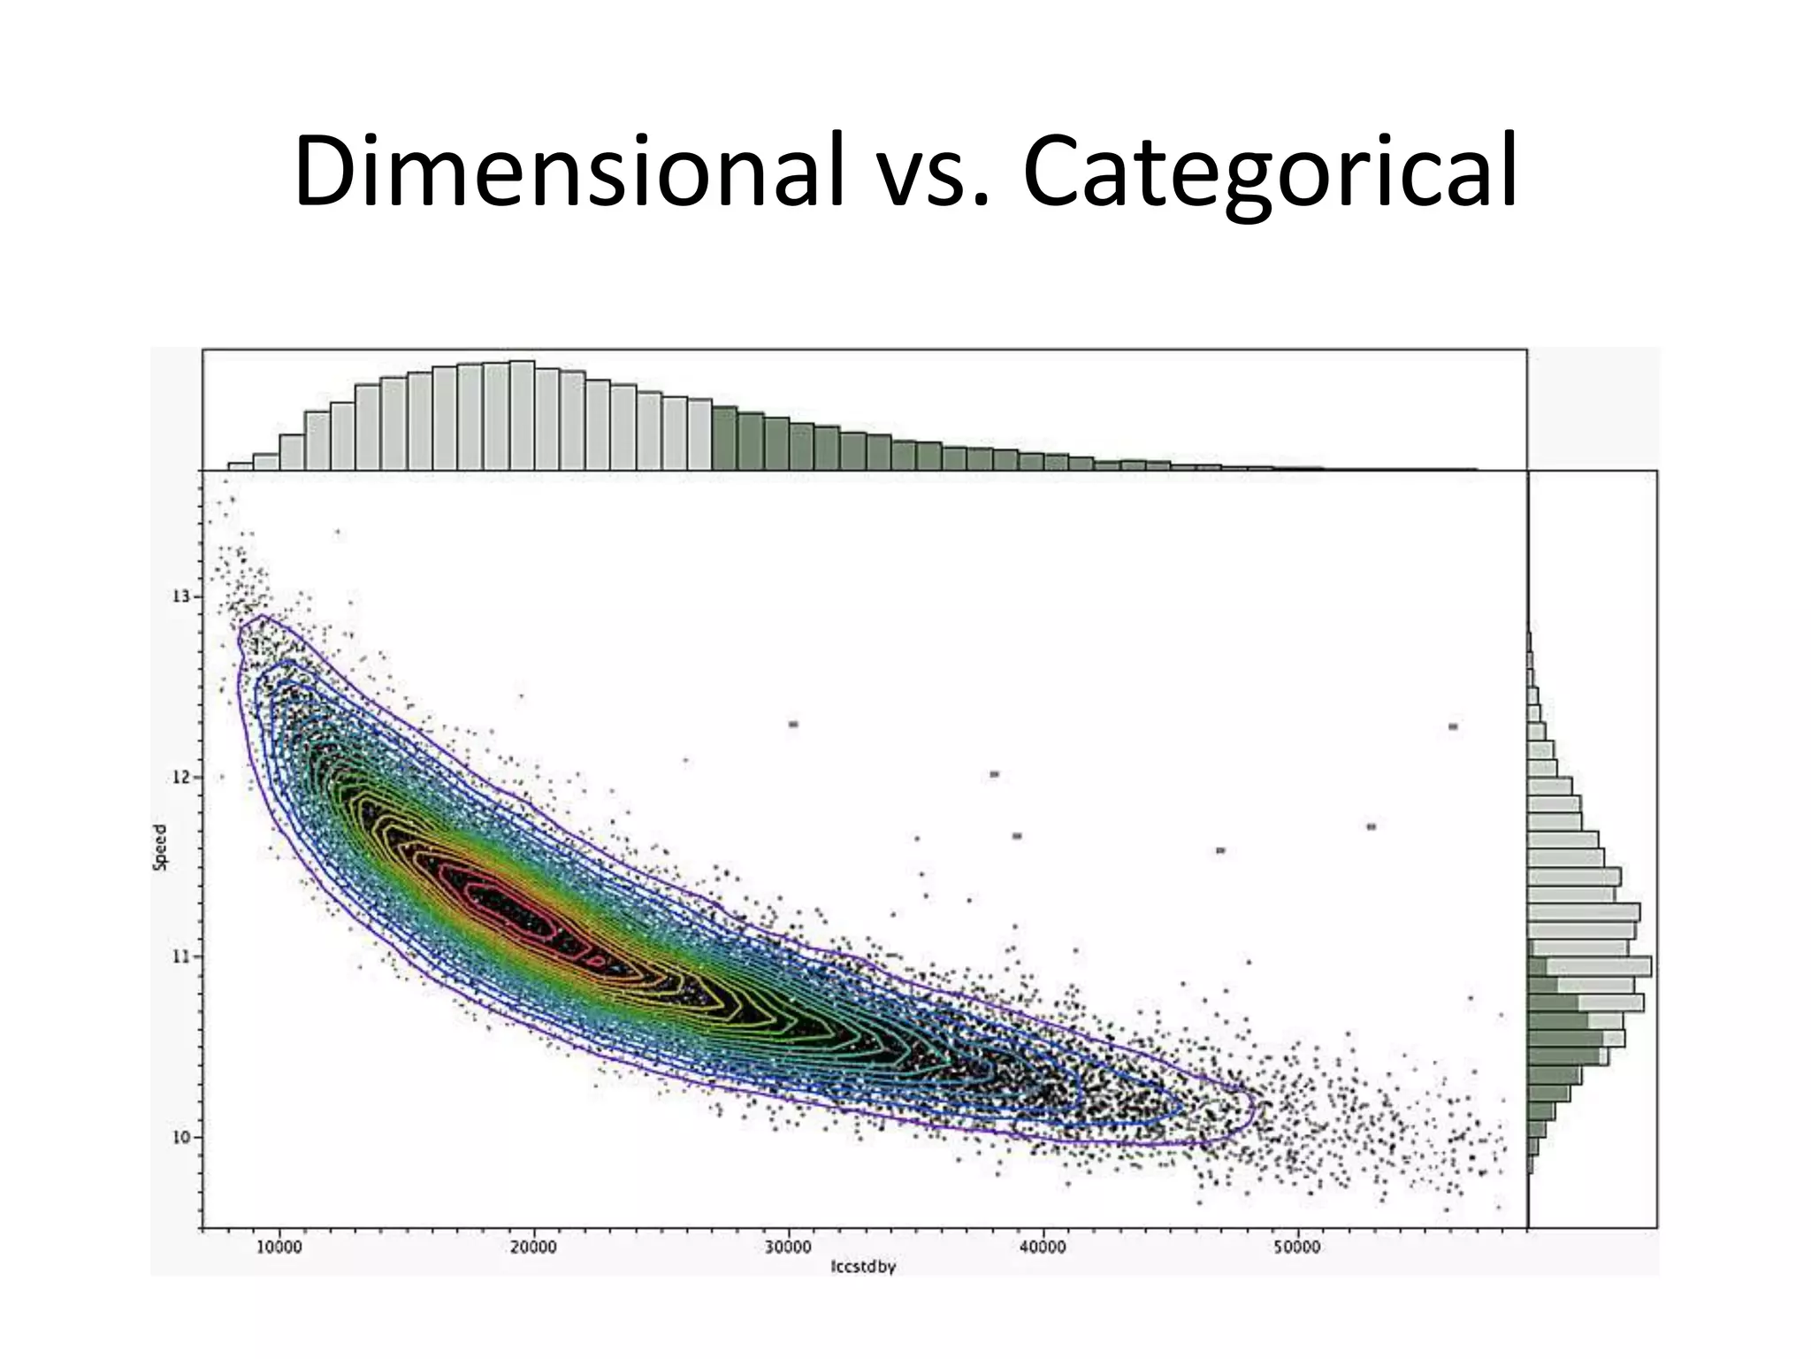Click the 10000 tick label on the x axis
click(279, 1248)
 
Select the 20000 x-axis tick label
click(533, 1248)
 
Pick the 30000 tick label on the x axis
click(788, 1248)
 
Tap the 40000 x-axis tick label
click(1043, 1248)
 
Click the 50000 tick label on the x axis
click(1297, 1248)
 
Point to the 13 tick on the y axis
click(181, 596)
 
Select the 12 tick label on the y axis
click(181, 778)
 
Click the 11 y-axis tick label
click(181, 956)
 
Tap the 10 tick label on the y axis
click(181, 1137)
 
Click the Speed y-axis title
click(160, 848)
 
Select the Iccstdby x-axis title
click(863, 1267)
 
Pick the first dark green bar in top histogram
click(725, 438)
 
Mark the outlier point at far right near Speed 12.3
click(1453, 727)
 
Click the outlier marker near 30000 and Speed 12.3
click(793, 725)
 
